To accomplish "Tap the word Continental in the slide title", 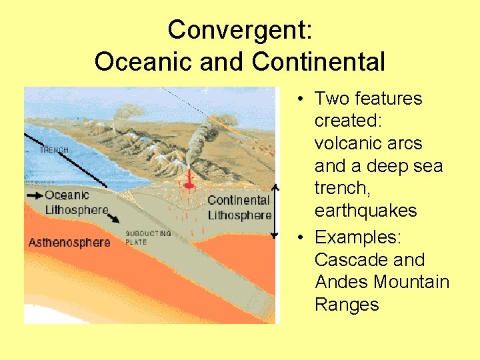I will click(x=319, y=62).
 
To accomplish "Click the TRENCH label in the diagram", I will click(x=53, y=151).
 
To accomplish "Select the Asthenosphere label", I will click(x=69, y=242).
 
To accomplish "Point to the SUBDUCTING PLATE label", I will click(x=148, y=237).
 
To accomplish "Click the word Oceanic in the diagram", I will click(x=67, y=195).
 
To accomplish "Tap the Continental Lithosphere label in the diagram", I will click(x=239, y=207).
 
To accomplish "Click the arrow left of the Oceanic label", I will click(x=35, y=195).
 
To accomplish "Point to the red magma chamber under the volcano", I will click(x=189, y=179).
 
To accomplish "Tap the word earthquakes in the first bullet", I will click(x=365, y=211).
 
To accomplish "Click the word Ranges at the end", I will click(x=347, y=305).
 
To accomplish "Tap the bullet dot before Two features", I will click(x=302, y=99).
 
